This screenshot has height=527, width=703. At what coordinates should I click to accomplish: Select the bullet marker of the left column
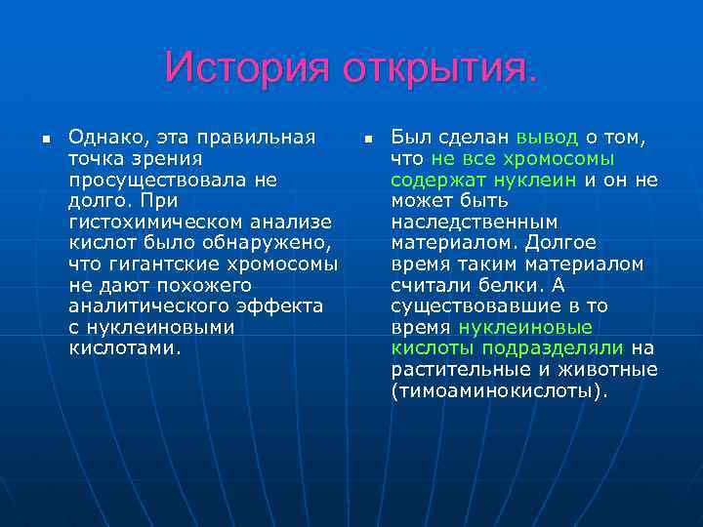coord(45,142)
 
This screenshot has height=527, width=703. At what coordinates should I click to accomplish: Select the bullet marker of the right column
coord(367,142)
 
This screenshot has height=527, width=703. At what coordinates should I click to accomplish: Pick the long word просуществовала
coord(160,180)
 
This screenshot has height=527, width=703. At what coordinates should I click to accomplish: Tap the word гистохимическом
coord(161,222)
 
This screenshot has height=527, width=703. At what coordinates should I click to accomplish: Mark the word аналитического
coord(145,306)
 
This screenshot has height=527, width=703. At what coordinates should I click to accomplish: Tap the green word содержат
coord(432,180)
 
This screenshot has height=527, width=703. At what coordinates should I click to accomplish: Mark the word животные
coord(611,370)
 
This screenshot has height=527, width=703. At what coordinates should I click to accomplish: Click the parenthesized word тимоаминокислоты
coord(498,391)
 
